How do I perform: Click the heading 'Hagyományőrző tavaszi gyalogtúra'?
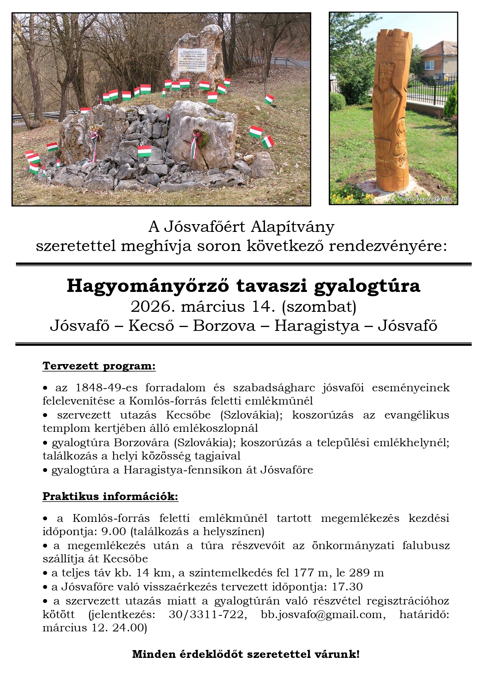point(243,286)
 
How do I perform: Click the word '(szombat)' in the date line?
point(319,307)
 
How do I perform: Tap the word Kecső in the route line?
point(151,326)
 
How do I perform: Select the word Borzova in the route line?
point(224,326)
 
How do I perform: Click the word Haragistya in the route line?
point(317,326)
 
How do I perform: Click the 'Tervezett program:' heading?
point(99,366)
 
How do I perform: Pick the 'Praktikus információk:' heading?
point(110,496)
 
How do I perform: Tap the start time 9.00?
point(114,531)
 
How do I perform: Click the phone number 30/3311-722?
point(207,615)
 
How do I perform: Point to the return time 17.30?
point(347,587)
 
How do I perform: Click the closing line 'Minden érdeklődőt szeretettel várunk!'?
point(246,654)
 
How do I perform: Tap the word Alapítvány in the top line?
point(293,226)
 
